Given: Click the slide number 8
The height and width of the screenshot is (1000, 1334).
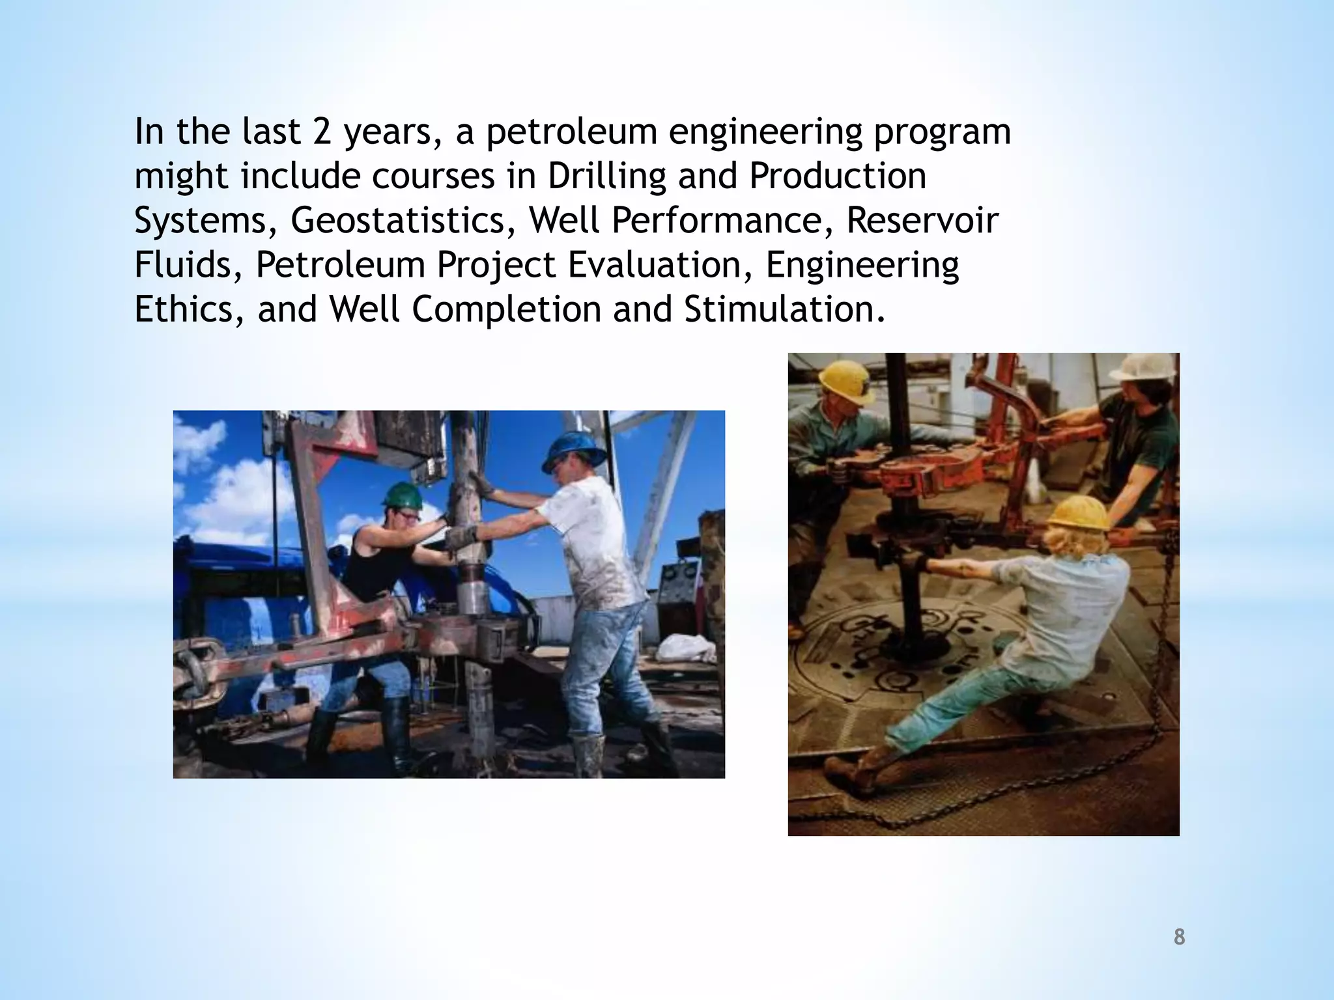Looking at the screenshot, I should (x=1179, y=937).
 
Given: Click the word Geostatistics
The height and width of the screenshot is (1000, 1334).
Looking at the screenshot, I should (x=398, y=220).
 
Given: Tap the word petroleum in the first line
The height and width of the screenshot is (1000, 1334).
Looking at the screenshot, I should (x=571, y=132).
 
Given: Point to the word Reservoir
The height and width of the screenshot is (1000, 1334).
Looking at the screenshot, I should (x=922, y=220).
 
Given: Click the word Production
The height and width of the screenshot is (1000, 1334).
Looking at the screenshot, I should (x=838, y=176).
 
